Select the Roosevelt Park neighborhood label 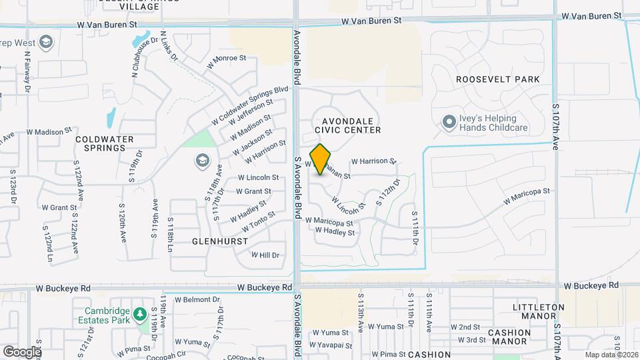click(497, 79)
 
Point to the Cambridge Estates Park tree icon click(139, 313)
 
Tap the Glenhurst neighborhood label click(220, 241)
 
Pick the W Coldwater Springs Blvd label click(250, 105)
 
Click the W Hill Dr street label click(265, 255)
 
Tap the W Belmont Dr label click(197, 300)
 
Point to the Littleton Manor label click(539, 311)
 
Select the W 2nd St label click(465, 327)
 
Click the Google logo click(22, 351)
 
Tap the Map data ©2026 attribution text click(611, 355)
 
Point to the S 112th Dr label click(388, 192)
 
